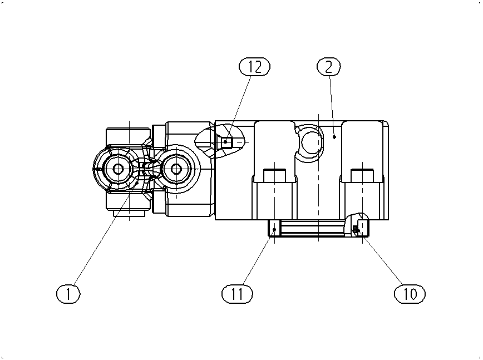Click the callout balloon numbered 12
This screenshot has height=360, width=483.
pos(254,67)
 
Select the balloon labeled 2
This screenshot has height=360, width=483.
pos(329,67)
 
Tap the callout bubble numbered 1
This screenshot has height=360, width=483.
pos(68,294)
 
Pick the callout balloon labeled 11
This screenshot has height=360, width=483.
pos(237,294)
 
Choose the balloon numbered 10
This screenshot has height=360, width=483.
pos(410,294)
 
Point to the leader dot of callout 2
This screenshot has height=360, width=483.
pos(334,137)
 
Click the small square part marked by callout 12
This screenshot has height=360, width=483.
pos(228,142)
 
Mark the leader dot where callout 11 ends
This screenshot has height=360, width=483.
pos(274,229)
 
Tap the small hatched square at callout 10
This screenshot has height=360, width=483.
pos(356,229)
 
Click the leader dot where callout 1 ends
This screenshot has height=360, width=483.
pos(137,183)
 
